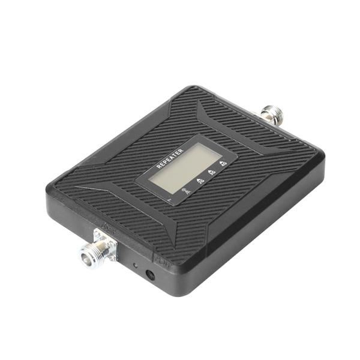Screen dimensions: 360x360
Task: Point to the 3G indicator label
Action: point(212,170)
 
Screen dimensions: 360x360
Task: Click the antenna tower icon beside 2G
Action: point(187,191)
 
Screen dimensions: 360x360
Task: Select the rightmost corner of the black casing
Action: point(324,157)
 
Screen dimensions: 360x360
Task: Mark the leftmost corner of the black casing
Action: point(46,195)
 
